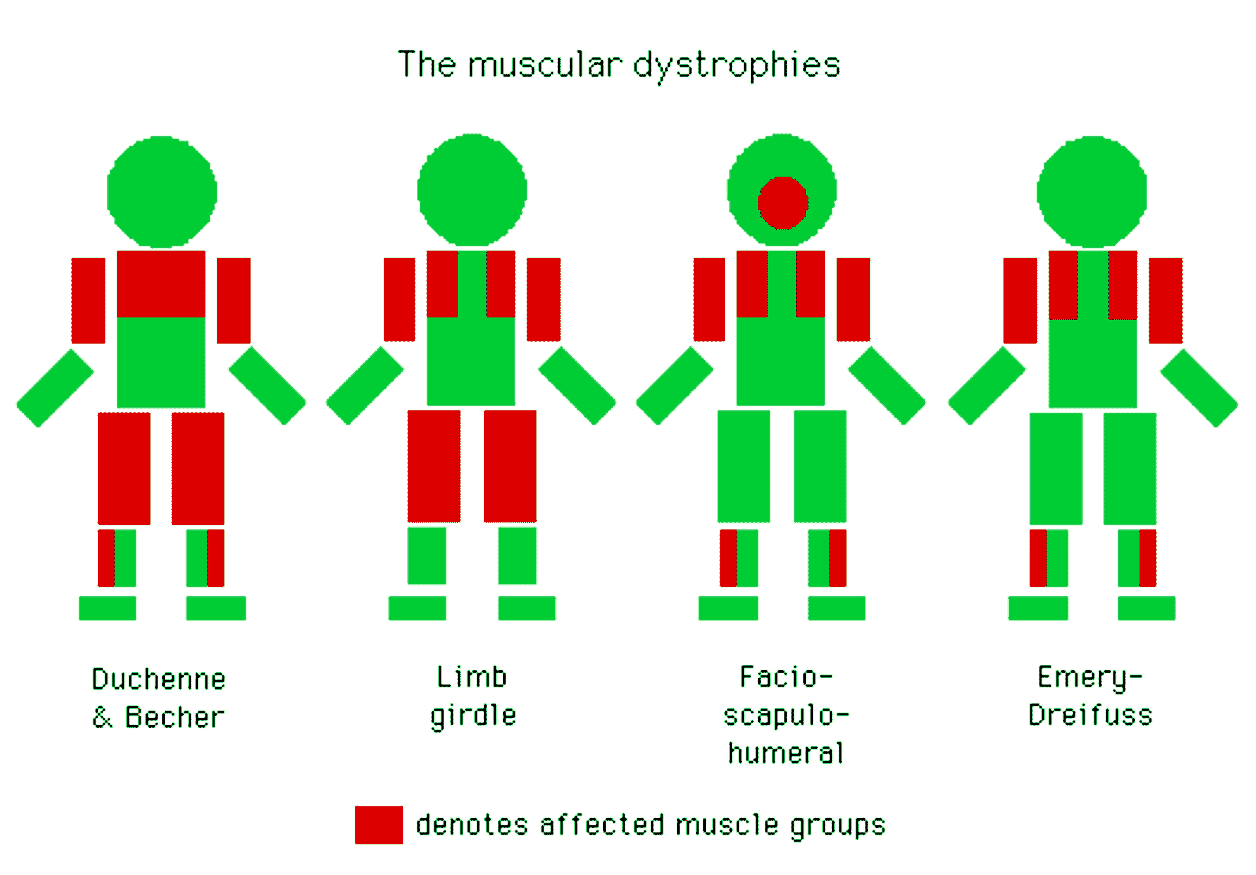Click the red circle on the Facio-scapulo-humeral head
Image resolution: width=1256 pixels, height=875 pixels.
782,203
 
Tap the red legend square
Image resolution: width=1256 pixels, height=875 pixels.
379,825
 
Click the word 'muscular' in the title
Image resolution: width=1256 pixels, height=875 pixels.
544,65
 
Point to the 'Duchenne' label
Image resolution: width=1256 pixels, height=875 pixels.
159,679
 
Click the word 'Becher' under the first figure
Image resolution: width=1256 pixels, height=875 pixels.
175,717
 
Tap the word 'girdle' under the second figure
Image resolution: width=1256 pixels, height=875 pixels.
474,716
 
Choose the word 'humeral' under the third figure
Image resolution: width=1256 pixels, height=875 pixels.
786,753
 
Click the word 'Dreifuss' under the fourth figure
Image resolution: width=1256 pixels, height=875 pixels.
1090,715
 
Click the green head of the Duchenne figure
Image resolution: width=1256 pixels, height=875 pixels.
162,192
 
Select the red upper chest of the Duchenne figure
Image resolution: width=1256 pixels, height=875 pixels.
161,284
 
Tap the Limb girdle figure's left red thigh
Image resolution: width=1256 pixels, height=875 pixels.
434,466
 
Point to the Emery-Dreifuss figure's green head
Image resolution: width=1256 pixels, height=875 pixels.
1092,192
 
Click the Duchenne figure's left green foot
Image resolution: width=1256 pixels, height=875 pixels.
107,608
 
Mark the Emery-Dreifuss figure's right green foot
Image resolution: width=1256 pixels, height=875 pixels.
1146,608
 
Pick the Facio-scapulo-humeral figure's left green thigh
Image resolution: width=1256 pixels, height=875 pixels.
743,466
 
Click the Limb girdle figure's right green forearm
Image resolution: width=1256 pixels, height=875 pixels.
577,385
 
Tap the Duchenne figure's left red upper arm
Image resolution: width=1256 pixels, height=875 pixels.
88,300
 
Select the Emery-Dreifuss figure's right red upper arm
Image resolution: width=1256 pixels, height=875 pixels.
1165,300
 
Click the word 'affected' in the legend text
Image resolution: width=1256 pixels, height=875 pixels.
602,825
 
